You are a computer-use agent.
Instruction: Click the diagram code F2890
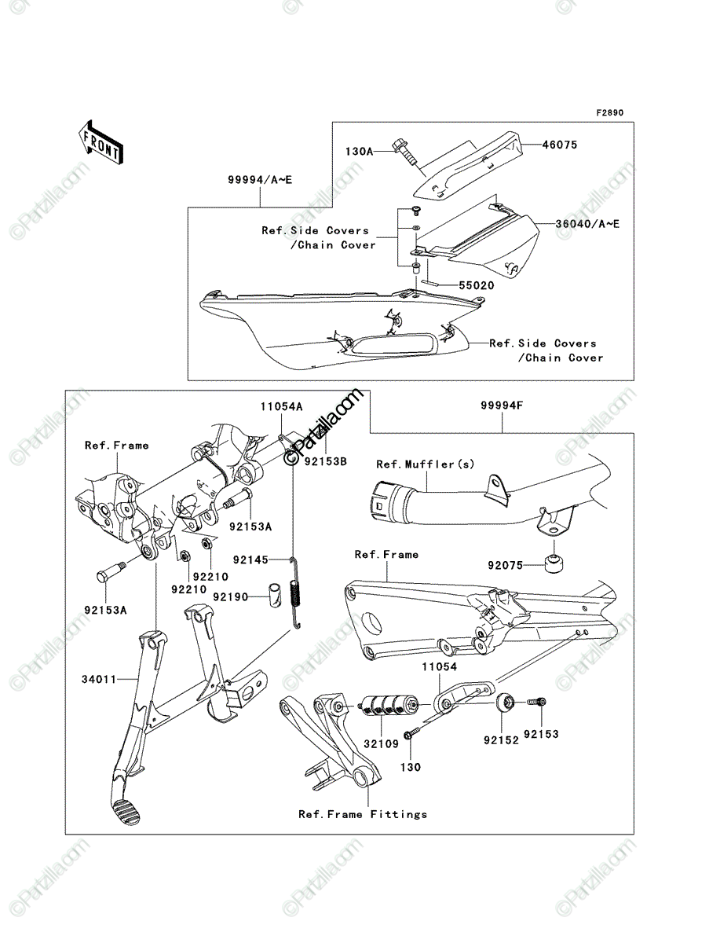pyautogui.click(x=610, y=113)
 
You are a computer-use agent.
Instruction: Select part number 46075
pyautogui.click(x=560, y=145)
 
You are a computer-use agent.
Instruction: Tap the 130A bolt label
pyautogui.click(x=359, y=152)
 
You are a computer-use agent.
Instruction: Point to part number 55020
pyautogui.click(x=477, y=286)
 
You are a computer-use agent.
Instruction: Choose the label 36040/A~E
pyautogui.click(x=587, y=224)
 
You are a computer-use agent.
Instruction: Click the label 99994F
pyautogui.click(x=502, y=405)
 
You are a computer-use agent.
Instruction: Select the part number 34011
pyautogui.click(x=99, y=679)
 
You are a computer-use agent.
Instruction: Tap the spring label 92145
pyautogui.click(x=250, y=560)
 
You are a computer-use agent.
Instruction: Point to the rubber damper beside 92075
pyautogui.click(x=554, y=564)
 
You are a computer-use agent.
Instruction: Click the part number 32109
pyautogui.click(x=381, y=743)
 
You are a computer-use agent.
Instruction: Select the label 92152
pyautogui.click(x=501, y=740)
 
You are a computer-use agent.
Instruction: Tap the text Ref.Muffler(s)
pyautogui.click(x=426, y=464)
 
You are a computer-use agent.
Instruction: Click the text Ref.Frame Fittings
pyautogui.click(x=363, y=815)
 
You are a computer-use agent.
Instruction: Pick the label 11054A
pyautogui.click(x=281, y=406)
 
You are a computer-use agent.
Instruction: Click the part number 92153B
pyautogui.click(x=326, y=461)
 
